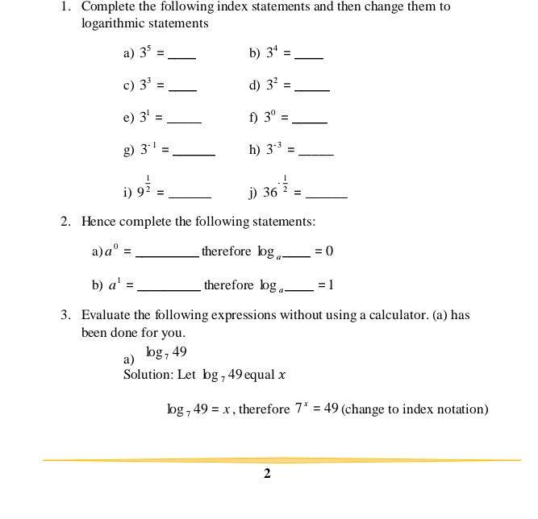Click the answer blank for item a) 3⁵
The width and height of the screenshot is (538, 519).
coord(182,57)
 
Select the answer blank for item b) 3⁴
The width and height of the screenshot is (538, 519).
coord(309,57)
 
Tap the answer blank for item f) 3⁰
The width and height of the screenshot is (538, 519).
coord(311,122)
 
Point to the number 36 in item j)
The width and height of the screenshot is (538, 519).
coord(269,193)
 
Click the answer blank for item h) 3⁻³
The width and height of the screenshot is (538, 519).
coord(315,154)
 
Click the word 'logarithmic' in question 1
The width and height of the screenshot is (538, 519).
coord(114,23)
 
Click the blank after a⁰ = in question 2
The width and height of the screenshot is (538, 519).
coord(168,255)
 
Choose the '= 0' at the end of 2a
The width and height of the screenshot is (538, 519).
coord(323,251)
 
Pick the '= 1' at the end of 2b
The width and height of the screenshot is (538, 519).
coord(326,285)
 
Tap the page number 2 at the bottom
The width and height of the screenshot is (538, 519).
coord(267,474)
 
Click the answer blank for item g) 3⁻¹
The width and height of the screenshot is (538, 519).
coord(194,154)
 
